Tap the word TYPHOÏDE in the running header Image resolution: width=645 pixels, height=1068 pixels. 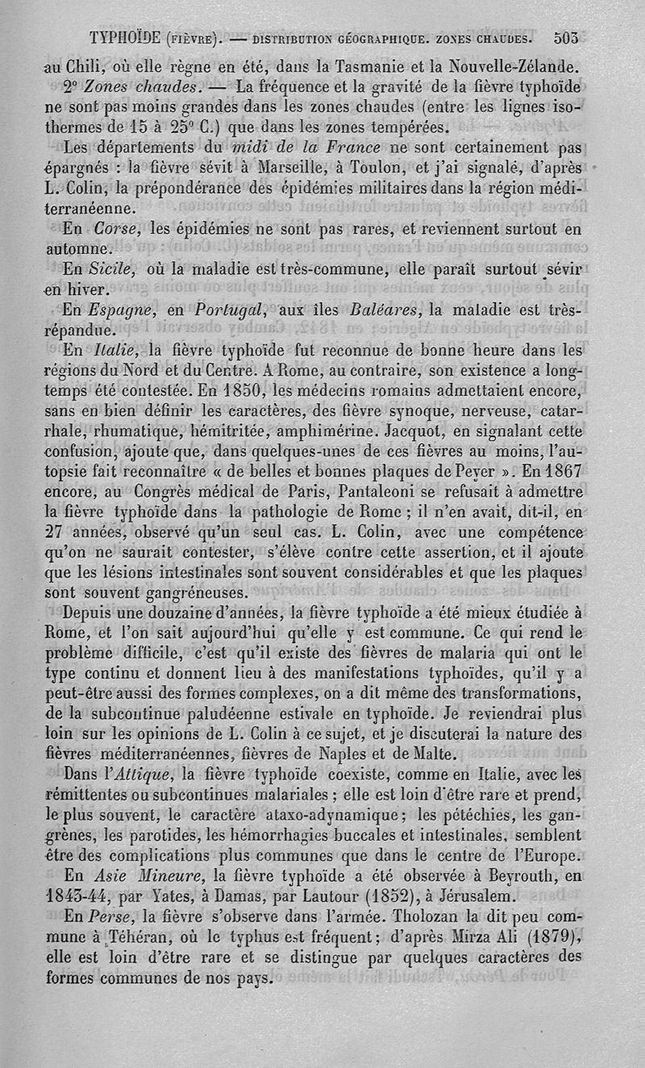[x=127, y=38]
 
